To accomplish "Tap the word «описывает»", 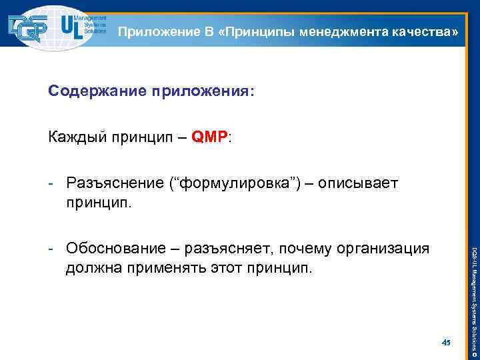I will (359, 183).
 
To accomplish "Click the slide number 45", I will (446, 342).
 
